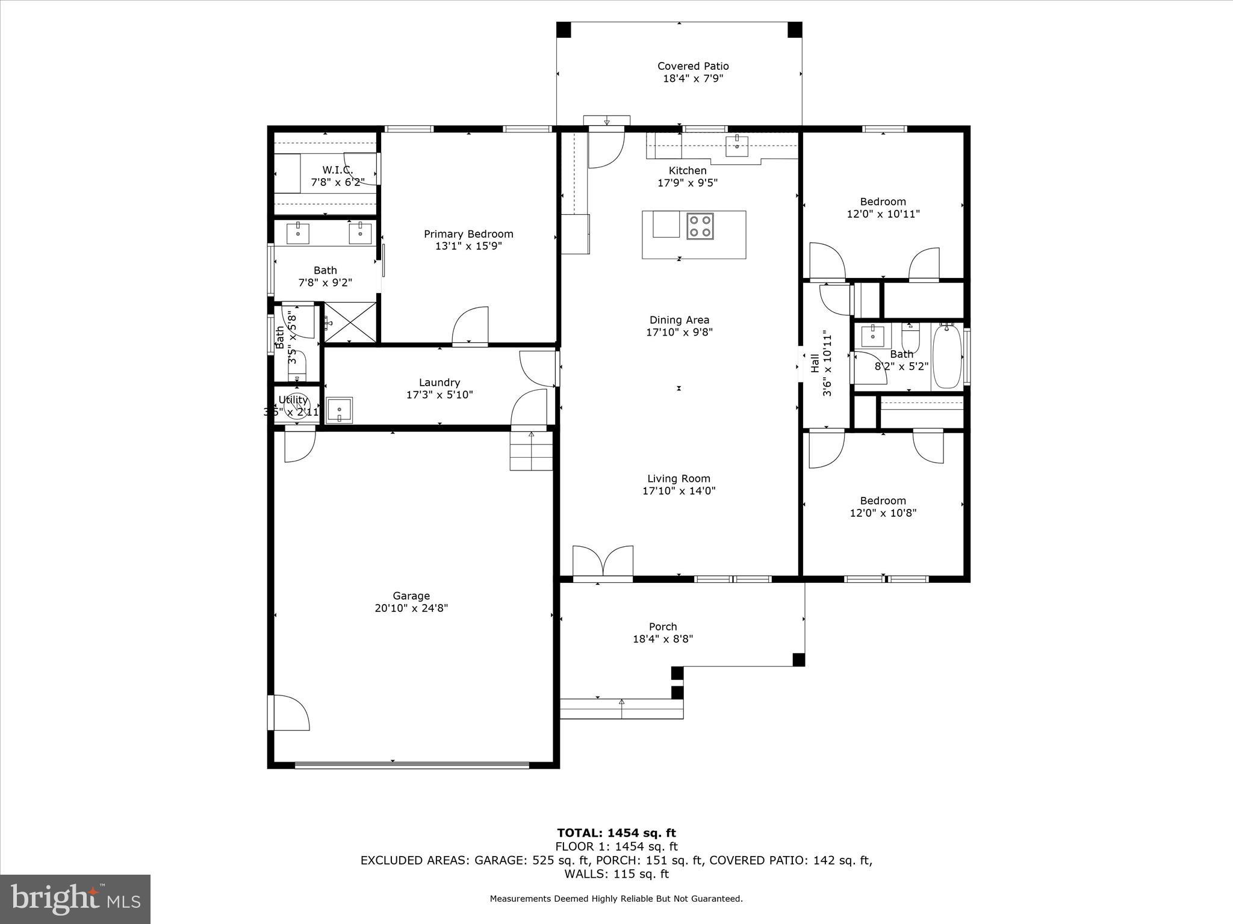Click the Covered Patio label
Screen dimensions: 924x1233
click(x=692, y=66)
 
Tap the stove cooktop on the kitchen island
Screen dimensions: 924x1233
click(x=700, y=226)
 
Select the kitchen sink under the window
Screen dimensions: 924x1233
click(x=737, y=144)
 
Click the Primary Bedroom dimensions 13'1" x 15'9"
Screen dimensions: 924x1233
click(x=468, y=246)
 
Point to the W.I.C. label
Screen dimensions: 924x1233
click(x=337, y=170)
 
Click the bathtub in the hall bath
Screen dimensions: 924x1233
click(x=948, y=356)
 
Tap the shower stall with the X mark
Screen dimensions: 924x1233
click(x=349, y=322)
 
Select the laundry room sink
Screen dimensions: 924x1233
click(x=339, y=410)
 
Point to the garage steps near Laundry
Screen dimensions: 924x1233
click(x=531, y=452)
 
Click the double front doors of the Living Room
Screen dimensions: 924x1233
click(x=602, y=562)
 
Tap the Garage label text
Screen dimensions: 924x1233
click(x=411, y=596)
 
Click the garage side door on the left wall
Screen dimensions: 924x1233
click(x=289, y=713)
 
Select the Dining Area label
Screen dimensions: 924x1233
click(x=679, y=320)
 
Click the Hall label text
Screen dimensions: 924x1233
click(x=815, y=363)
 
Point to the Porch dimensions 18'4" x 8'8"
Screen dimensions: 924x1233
click(x=662, y=639)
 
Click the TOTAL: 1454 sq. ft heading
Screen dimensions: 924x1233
click(x=616, y=833)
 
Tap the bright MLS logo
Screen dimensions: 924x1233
click(x=75, y=898)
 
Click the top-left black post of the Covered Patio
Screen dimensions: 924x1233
click(x=563, y=29)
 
